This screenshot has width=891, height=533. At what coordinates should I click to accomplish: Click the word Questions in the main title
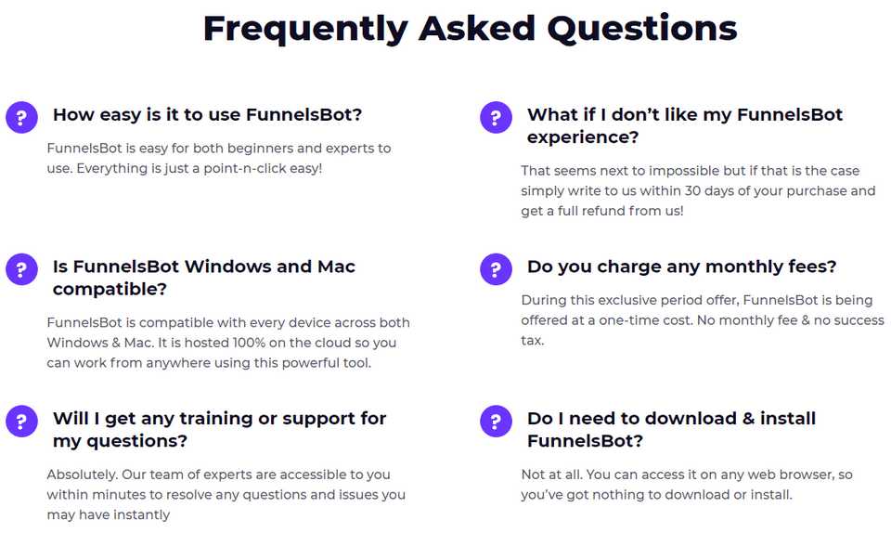(x=642, y=30)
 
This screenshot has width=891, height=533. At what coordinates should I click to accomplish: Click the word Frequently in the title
(x=305, y=30)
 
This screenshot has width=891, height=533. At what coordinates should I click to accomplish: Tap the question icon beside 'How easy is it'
(x=21, y=118)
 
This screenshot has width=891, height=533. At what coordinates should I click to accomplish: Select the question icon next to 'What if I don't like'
(x=496, y=118)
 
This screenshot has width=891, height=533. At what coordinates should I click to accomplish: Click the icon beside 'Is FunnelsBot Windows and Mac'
(x=21, y=269)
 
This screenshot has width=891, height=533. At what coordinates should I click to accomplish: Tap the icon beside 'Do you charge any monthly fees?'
(x=496, y=269)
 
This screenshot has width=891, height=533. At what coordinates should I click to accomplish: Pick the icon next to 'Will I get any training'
(x=21, y=421)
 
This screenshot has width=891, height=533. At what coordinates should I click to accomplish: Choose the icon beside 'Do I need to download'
(x=496, y=421)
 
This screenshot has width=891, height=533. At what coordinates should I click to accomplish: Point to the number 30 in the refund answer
(x=692, y=191)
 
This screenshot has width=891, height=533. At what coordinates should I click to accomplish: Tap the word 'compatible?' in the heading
(x=110, y=290)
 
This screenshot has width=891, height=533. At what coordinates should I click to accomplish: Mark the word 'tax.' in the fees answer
(x=533, y=341)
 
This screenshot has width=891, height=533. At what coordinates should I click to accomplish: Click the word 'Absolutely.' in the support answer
(x=83, y=474)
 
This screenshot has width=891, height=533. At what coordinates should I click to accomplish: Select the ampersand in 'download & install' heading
(x=748, y=419)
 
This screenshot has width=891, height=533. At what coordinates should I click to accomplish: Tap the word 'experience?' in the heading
(x=583, y=137)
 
